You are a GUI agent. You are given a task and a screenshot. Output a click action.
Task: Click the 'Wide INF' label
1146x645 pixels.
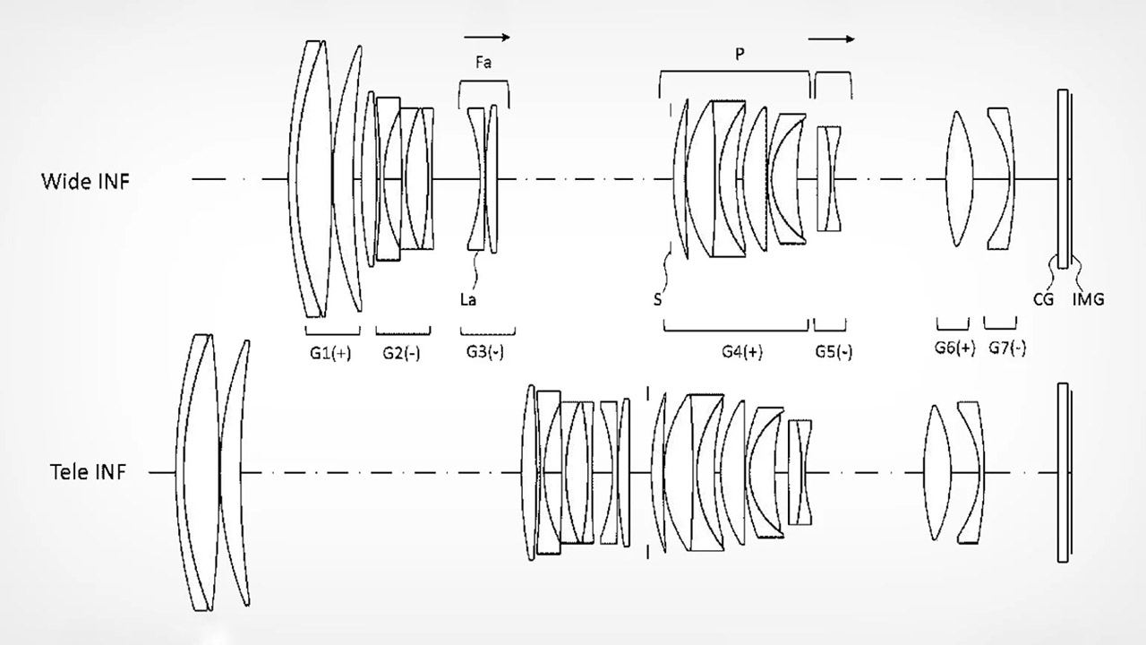[x=85, y=181]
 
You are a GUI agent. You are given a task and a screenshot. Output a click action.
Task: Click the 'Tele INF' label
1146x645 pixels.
[x=88, y=473]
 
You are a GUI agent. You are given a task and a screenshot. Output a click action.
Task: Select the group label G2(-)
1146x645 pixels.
[x=399, y=353]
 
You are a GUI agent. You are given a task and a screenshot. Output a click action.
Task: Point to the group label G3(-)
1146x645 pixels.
[x=484, y=353]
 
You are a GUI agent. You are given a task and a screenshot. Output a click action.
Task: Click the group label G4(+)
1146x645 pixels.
[x=742, y=353]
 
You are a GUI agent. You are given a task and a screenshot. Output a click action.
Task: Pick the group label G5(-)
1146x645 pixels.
[x=834, y=353]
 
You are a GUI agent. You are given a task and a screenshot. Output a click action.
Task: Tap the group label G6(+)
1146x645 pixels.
[x=954, y=349]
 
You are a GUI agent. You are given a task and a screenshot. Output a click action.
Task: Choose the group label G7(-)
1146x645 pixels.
[x=1006, y=349]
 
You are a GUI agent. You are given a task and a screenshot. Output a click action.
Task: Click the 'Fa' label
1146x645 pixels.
[x=483, y=64]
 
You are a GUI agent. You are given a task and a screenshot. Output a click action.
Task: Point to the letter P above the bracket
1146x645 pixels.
[x=740, y=55]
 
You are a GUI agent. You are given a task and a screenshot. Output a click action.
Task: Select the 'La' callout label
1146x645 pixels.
[x=467, y=300]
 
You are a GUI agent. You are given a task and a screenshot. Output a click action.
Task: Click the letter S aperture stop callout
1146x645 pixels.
[x=658, y=300]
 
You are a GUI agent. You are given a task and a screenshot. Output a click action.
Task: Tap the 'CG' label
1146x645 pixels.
[x=1044, y=300]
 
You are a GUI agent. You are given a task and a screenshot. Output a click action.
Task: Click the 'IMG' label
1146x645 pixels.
[x=1088, y=300]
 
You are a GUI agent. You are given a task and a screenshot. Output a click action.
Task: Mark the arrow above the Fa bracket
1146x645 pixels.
[x=487, y=38]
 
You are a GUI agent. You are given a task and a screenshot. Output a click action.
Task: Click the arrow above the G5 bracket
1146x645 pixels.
[x=831, y=39]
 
